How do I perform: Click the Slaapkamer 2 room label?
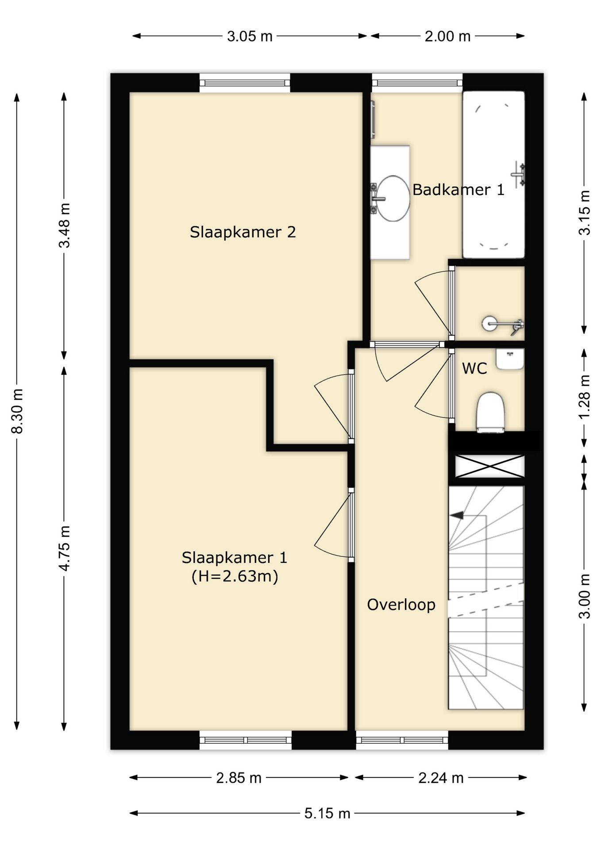point(243,232)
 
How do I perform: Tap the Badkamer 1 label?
point(458,190)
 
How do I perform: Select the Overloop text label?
point(401,604)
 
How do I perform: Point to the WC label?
point(474,368)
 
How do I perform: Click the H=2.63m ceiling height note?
point(235,576)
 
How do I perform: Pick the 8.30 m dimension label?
point(17,411)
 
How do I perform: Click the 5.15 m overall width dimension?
point(327,813)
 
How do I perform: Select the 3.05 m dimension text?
point(250,36)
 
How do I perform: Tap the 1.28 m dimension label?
point(585,397)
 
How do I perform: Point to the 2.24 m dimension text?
point(441,777)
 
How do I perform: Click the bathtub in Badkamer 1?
point(493,175)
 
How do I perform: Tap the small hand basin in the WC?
point(510,359)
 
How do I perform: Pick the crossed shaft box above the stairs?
point(490,466)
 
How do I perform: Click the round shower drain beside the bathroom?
point(489,323)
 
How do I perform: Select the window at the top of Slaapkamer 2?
point(245,83)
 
